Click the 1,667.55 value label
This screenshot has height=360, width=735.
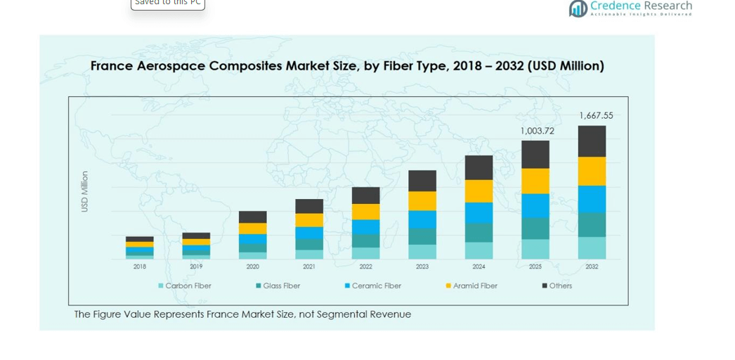(x=596, y=115)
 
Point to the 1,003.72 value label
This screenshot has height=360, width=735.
(x=537, y=131)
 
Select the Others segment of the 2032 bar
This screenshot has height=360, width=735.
(x=592, y=141)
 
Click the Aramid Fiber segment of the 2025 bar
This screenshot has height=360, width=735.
(x=535, y=181)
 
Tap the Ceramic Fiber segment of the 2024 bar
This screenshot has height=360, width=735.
(x=479, y=213)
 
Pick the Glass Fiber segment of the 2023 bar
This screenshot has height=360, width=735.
(x=422, y=236)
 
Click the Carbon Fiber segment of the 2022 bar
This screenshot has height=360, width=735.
(x=365, y=253)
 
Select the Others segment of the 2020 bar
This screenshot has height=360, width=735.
(x=252, y=217)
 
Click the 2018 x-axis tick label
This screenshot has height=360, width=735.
(x=140, y=267)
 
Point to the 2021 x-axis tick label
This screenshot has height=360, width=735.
(x=309, y=267)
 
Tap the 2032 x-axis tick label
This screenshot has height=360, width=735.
(x=592, y=267)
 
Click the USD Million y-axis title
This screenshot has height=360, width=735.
(x=85, y=191)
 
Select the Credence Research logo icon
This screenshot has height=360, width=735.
(x=578, y=8)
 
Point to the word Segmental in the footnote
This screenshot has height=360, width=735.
(x=340, y=314)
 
